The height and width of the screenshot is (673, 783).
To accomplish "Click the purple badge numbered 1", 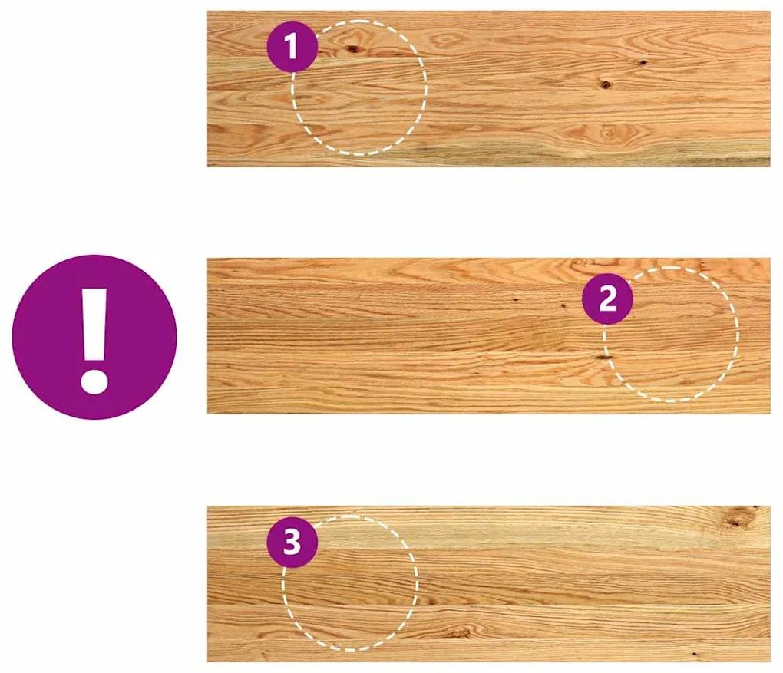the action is click(x=292, y=47).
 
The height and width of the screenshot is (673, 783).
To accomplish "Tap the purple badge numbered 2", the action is click(x=608, y=299).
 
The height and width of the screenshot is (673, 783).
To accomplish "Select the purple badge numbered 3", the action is click(x=292, y=543).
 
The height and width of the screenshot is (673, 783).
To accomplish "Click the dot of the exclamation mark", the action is click(x=94, y=381).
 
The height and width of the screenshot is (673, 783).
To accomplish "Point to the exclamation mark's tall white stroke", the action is click(x=94, y=325).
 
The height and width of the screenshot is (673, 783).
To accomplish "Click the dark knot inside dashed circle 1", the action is click(x=352, y=48).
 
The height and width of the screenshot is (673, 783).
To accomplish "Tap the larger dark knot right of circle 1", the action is click(x=605, y=84).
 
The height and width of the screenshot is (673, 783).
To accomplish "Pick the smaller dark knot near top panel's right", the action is click(x=643, y=63).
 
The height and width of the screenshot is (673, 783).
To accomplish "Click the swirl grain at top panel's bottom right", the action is click(x=610, y=132).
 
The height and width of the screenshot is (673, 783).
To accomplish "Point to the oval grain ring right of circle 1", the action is click(x=444, y=40).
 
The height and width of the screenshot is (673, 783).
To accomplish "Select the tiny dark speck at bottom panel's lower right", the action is click(x=693, y=654).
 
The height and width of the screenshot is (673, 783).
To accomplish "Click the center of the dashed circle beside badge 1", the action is click(x=359, y=88).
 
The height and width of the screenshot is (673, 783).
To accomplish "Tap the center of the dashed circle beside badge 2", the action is click(x=671, y=335).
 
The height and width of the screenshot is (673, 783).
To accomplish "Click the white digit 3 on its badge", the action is click(x=292, y=543).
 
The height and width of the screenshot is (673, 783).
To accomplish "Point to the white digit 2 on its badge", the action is click(x=608, y=299).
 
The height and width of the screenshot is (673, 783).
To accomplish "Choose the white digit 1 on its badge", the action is click(x=291, y=47).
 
